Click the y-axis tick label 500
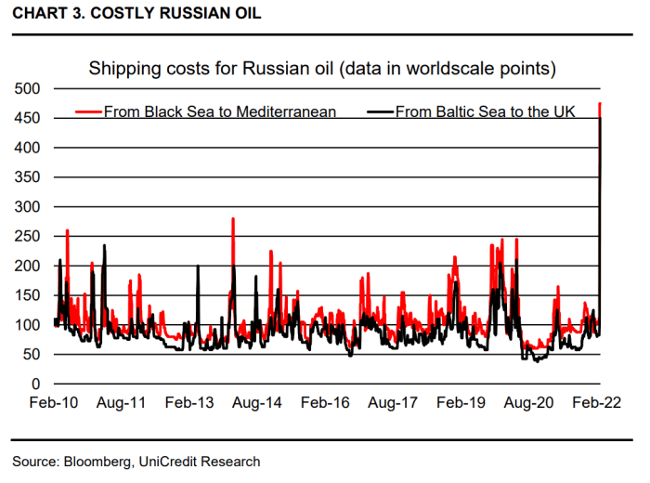(x=28, y=88)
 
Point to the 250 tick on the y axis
(x=28, y=236)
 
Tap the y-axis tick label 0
(x=35, y=384)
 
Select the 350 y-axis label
(x=28, y=177)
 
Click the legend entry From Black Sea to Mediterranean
(x=219, y=112)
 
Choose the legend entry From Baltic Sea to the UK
(x=486, y=112)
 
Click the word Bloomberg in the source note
(x=96, y=462)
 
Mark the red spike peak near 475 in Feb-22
(x=600, y=103)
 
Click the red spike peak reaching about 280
(x=233, y=218)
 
